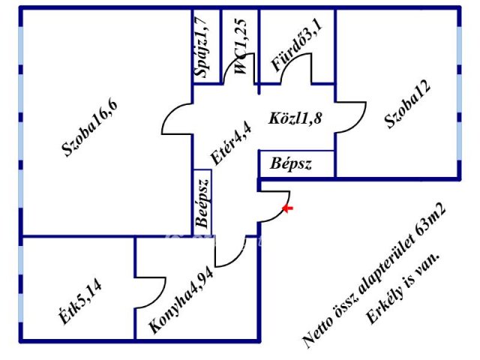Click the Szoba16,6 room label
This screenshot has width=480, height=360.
pyautogui.click(x=90, y=128)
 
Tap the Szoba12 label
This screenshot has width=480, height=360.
pyautogui.click(x=407, y=104)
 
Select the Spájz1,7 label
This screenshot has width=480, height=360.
pyautogui.click(x=202, y=47)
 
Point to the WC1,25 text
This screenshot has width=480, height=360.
pyautogui.click(x=240, y=46)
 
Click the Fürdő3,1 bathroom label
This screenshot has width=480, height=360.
pyautogui.click(x=297, y=46)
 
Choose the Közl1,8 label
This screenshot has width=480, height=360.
pyautogui.click(x=295, y=118)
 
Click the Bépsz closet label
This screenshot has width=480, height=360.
pyautogui.click(x=290, y=163)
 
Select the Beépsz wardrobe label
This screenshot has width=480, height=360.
pyautogui.click(x=203, y=203)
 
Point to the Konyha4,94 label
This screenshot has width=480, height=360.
pyautogui.click(x=181, y=301)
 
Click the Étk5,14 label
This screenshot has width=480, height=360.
pyautogui.click(x=80, y=303)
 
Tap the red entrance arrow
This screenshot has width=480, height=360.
pyautogui.click(x=287, y=208)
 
